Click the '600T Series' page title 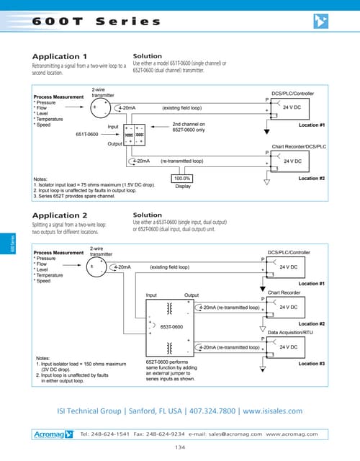pyautogui.click(x=96, y=22)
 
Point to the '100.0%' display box pyautogui.click(x=182, y=178)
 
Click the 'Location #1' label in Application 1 pyautogui.click(x=312, y=125)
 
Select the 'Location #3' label pyautogui.click(x=312, y=363)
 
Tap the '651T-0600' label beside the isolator pyautogui.click(x=88, y=134)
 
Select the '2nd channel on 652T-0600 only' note pyautogui.click(x=189, y=127)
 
